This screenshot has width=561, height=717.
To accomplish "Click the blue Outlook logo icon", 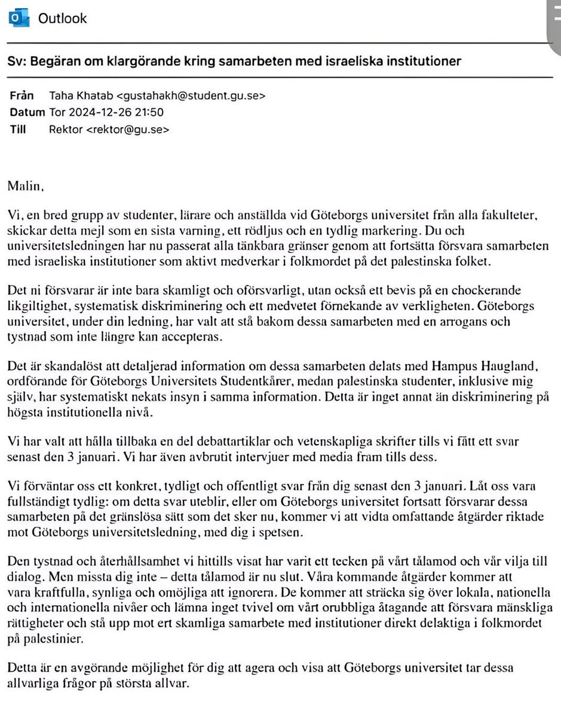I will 19,19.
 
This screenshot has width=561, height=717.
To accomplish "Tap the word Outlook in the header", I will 62,19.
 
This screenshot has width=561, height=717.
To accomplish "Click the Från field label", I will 22,96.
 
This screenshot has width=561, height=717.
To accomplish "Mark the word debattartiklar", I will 238,442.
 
